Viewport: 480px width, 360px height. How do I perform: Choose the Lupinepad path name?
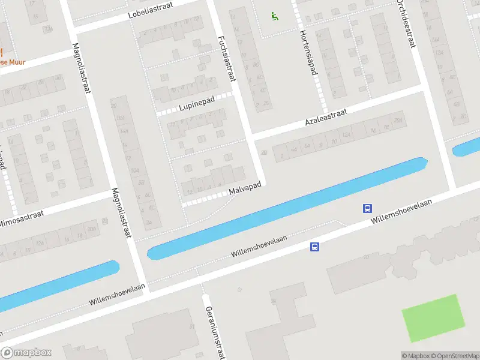coord(197,106)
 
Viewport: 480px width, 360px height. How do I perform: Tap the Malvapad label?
coord(245,189)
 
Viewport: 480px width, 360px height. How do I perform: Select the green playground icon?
coord(275,16)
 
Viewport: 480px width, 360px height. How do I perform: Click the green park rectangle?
coord(433,318)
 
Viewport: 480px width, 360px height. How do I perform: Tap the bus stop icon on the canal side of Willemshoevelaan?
coord(367,209)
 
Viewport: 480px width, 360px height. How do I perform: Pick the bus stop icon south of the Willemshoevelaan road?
coord(314,247)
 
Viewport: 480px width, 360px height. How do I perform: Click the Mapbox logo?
coord(26,353)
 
